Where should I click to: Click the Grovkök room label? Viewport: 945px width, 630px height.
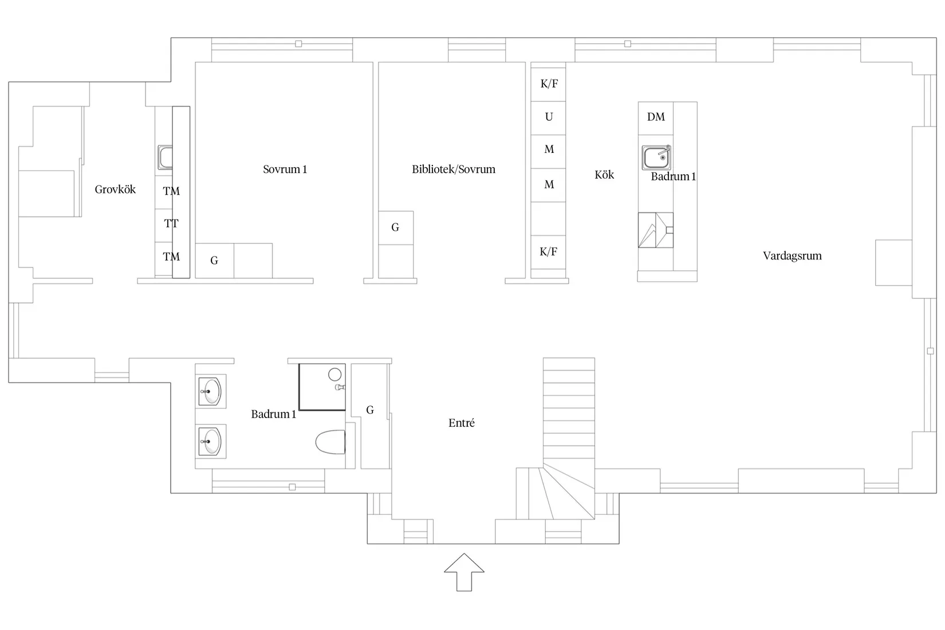(115, 190)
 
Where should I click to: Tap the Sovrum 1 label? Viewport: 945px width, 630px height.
(285, 169)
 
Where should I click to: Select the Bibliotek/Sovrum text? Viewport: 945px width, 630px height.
(454, 169)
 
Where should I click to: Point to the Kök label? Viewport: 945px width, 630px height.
(604, 175)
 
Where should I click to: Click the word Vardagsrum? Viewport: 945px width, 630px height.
(792, 255)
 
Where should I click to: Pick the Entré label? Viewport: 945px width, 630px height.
(462, 423)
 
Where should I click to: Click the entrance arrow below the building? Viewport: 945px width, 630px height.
(464, 572)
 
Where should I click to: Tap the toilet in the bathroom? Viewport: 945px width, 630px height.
(330, 442)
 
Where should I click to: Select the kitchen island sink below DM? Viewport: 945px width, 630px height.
(656, 157)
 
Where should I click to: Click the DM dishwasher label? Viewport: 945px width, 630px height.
(656, 117)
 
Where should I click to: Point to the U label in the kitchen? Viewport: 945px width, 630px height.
(549, 117)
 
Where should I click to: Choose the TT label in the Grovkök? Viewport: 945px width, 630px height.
(171, 223)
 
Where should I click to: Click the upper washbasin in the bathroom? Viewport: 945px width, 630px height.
(210, 391)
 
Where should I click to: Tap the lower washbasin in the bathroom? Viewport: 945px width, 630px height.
(210, 442)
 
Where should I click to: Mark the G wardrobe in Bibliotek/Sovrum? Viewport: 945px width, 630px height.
(395, 227)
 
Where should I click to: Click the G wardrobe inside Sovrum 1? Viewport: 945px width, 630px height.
(214, 261)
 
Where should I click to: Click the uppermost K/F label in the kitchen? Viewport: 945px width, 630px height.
(549, 84)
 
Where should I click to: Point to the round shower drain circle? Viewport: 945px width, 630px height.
(334, 375)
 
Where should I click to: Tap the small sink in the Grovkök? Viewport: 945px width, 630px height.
(166, 157)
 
